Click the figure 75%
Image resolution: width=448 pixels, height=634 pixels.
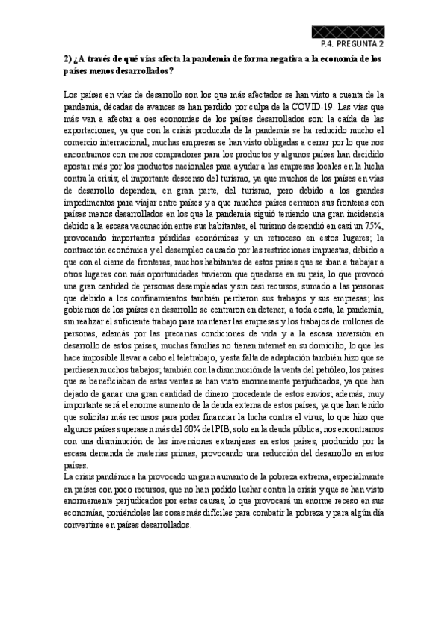pyautogui.click(x=373, y=227)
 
